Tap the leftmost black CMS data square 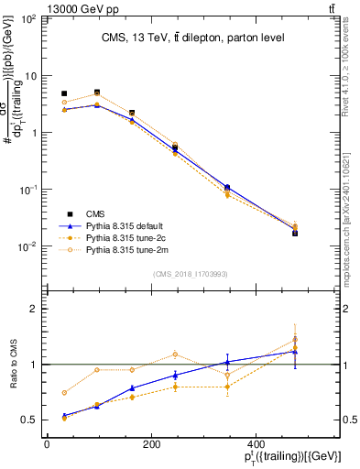click(x=64, y=93)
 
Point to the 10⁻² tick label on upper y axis click(x=28, y=246)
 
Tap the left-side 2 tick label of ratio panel click(x=34, y=310)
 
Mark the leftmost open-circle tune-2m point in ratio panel click(x=64, y=393)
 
